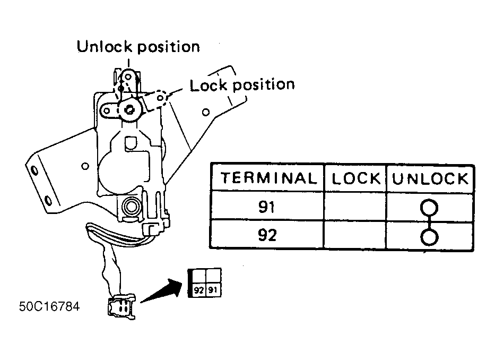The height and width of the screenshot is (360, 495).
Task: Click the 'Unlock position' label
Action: [x=138, y=47]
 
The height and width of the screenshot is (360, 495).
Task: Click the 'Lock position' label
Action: [x=242, y=85]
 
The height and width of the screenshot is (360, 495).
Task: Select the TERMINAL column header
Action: [x=268, y=178]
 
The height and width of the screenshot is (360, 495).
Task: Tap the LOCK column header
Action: [x=356, y=178]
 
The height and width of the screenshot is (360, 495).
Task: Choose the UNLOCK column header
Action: [x=430, y=179]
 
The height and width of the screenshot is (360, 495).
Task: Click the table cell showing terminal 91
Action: [x=267, y=207]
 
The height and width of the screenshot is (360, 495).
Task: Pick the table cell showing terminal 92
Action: [x=267, y=235]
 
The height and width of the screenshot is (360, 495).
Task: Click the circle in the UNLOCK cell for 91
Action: [x=429, y=208]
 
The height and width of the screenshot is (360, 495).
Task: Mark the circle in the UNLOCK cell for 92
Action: [x=429, y=237]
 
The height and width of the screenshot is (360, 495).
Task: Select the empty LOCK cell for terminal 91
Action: [x=355, y=207]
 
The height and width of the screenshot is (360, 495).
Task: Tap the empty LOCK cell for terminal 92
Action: [x=355, y=235]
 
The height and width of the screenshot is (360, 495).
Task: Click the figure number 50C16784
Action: [x=49, y=306]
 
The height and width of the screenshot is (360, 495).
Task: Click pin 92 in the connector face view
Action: [x=198, y=290]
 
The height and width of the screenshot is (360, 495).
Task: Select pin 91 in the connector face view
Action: [x=213, y=290]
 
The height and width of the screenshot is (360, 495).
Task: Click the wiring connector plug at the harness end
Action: [x=122, y=306]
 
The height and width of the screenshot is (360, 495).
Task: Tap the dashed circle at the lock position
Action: [x=161, y=97]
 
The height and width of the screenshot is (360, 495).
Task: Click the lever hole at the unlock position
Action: [x=128, y=77]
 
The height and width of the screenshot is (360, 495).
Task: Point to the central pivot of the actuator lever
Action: [x=129, y=110]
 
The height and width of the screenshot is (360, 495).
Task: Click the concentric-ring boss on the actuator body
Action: [x=130, y=207]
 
